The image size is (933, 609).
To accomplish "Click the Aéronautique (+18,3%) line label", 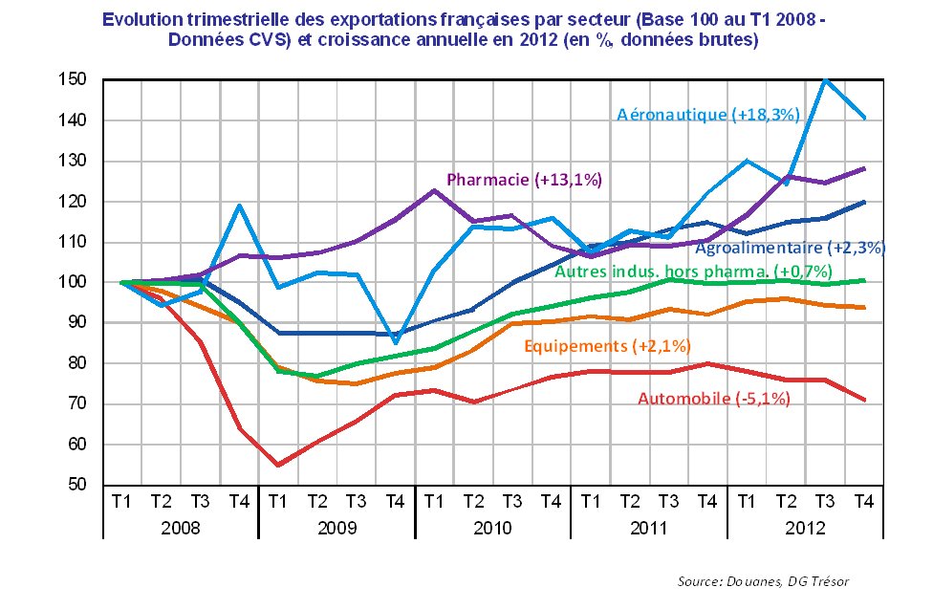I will (707, 115).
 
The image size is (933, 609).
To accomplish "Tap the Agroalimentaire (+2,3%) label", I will (790, 248).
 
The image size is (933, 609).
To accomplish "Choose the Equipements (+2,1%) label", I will (607, 345).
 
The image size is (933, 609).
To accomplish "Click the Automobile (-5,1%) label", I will (714, 399).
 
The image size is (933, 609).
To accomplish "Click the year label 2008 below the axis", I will (180, 528).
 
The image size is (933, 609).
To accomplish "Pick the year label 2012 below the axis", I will (805, 528).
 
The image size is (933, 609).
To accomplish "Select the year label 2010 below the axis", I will (492, 528).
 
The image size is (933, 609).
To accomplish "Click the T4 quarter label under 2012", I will (863, 500).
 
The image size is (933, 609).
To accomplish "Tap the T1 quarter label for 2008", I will (121, 500).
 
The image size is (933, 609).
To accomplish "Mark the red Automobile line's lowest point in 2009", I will (277, 465).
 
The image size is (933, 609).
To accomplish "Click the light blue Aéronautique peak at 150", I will (825, 79).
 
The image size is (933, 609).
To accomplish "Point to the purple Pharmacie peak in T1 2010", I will (434, 189).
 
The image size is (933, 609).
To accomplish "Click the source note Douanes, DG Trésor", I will (763, 581).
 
